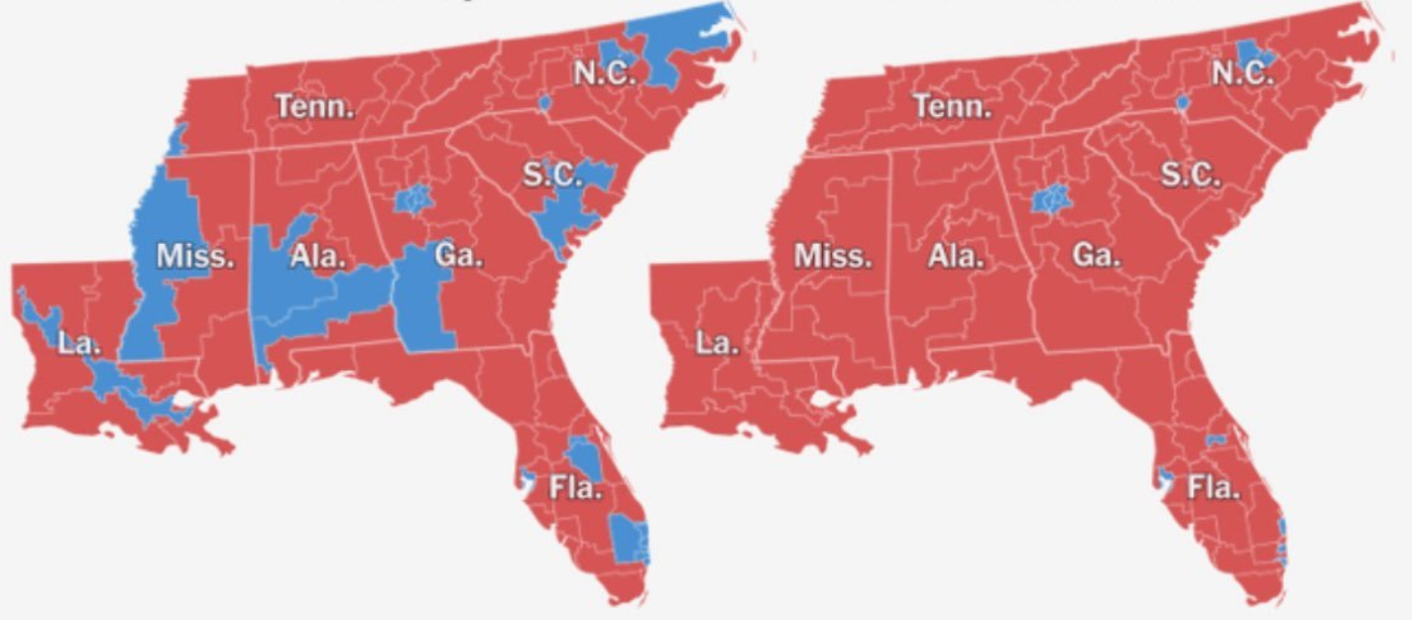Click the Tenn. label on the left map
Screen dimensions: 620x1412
[314, 106]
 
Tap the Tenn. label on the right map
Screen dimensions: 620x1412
[952, 106]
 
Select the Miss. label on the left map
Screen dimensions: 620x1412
[195, 257]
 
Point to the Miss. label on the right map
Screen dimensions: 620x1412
[833, 257]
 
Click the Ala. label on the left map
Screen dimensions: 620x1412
[318, 257]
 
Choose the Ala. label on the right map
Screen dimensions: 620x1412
[956, 257]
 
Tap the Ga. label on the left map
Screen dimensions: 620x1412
[458, 255]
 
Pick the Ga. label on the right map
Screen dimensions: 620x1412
[1096, 255]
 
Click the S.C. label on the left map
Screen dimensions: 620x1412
[552, 177]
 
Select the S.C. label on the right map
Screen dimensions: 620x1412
[1191, 177]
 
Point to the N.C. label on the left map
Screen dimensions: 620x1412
[604, 72]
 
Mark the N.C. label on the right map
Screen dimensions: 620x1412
[1242, 72]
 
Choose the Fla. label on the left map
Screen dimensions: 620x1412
[576, 488]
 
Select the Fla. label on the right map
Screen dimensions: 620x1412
[1214, 488]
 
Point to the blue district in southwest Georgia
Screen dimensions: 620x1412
[421, 298]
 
